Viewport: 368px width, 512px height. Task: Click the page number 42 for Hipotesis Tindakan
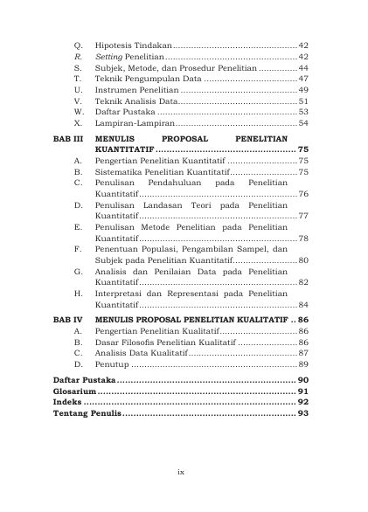302,43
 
